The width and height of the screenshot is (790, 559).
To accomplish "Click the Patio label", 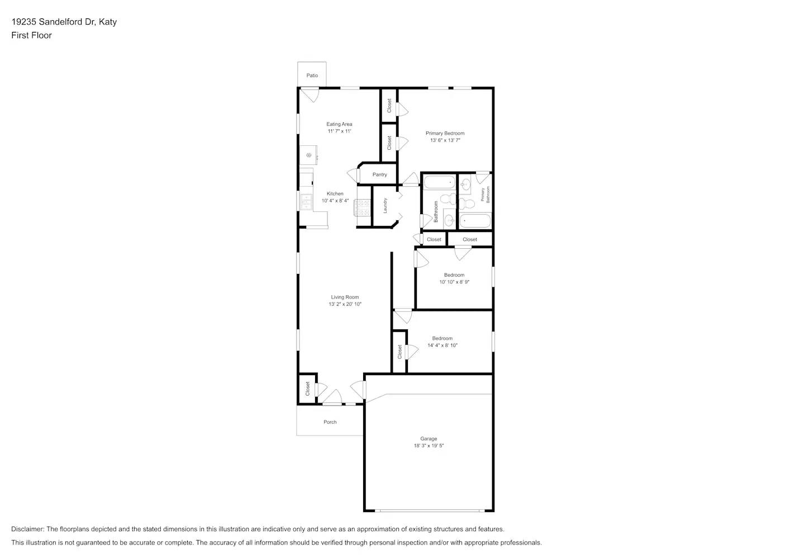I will tap(312, 75).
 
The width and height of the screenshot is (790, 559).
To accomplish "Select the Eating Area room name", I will tap(339, 124).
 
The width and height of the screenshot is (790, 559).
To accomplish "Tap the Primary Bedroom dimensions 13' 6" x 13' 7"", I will tap(445, 140).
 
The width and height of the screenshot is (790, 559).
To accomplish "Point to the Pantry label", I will tap(379, 174).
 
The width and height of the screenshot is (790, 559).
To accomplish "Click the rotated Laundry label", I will tap(385, 206).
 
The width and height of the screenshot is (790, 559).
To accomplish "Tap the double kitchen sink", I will tap(306, 201).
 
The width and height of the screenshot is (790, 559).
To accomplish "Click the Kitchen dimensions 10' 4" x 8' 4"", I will tap(335, 201).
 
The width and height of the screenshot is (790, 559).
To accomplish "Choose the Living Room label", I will tap(345, 297).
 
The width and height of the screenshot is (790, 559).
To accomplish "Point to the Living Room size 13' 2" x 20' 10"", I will tap(345, 304).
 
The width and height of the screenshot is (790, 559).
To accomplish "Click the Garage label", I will tap(429, 439).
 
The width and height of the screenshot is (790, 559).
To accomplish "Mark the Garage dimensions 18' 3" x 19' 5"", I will tap(429, 446).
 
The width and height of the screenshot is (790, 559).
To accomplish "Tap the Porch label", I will tap(330, 422).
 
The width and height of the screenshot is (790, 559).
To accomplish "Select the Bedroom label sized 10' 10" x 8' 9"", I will tap(454, 275).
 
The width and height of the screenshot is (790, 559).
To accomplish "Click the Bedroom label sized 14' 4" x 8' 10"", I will tap(442, 338).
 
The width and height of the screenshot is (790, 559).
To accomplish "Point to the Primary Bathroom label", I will tap(485, 194).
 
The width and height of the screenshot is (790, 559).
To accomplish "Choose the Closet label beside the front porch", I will tap(307, 389).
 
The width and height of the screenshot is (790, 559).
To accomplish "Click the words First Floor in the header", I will tap(31, 35).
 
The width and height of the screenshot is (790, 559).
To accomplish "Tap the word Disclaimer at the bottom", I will tap(27, 529).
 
